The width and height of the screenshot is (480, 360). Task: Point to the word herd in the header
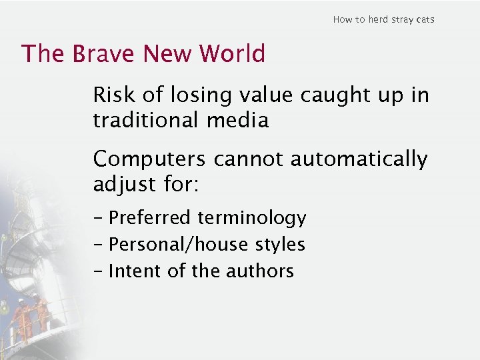[379, 19]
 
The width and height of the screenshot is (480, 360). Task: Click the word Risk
[114, 95]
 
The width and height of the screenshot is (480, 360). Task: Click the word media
[243, 120]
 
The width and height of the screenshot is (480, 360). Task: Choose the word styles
[280, 245]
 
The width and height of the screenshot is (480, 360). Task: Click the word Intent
[131, 271]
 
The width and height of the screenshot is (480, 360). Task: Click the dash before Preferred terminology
[99, 218]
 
